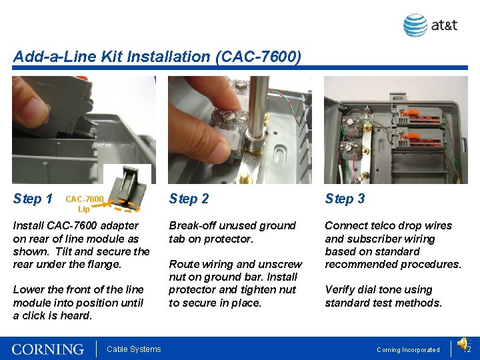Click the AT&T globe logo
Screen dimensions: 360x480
415,25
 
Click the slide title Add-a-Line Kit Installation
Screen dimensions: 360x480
157,57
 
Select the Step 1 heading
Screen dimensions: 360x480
33,199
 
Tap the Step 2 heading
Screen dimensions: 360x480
189,199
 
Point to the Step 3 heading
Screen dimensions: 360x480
345,199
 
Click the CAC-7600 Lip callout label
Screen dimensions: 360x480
84,203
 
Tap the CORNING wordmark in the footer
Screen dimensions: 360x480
48,349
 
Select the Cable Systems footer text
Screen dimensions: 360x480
134,349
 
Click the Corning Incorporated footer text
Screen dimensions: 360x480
408,349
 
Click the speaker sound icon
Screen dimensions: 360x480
463,343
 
